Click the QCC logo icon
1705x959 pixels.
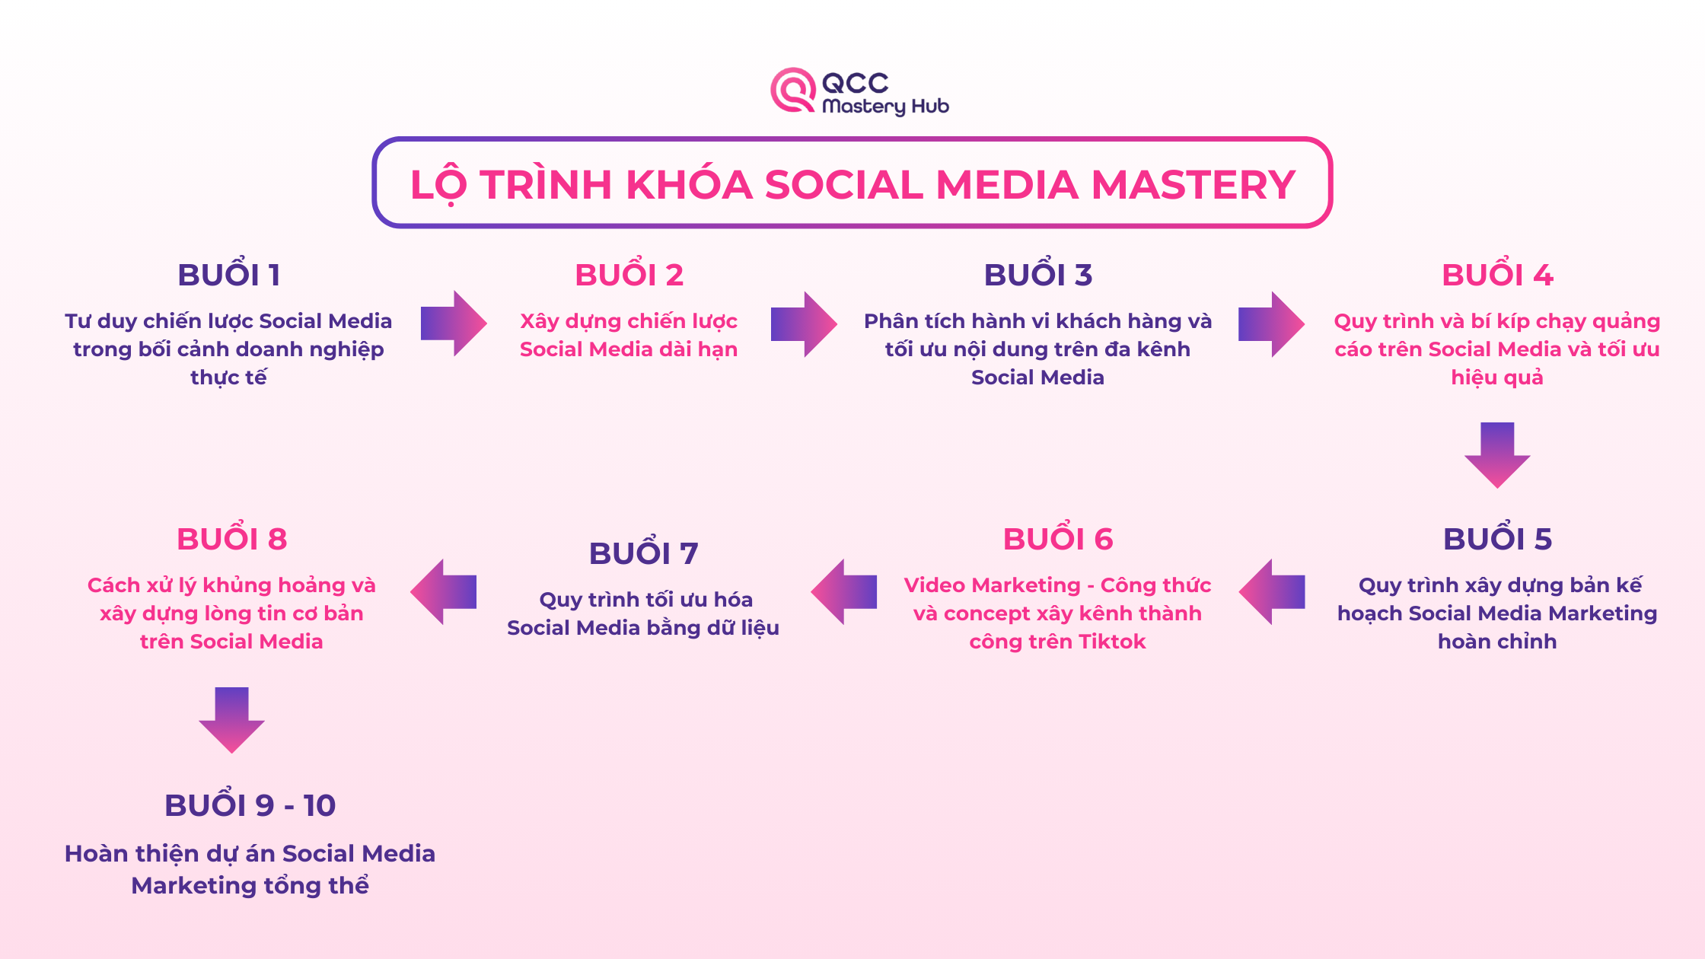(792, 91)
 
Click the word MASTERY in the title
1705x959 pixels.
(1193, 184)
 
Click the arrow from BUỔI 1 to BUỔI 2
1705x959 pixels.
(454, 323)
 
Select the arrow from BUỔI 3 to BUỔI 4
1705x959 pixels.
(1271, 324)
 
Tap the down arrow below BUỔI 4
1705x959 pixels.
(1497, 455)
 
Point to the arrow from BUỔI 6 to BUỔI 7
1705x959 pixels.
(844, 592)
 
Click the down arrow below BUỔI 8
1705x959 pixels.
(232, 720)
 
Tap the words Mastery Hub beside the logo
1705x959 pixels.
(885, 107)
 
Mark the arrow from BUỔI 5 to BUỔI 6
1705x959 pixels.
(1272, 592)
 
